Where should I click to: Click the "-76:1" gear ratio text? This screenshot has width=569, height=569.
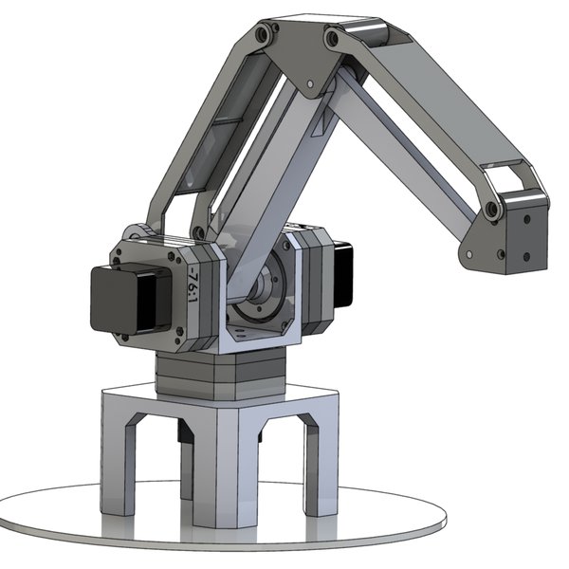pos(193,282)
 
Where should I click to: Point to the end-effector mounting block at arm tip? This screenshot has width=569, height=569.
pos(520,240)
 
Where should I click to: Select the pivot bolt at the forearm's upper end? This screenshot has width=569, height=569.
pos(332,41)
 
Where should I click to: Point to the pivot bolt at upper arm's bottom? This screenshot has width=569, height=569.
pos(198,231)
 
